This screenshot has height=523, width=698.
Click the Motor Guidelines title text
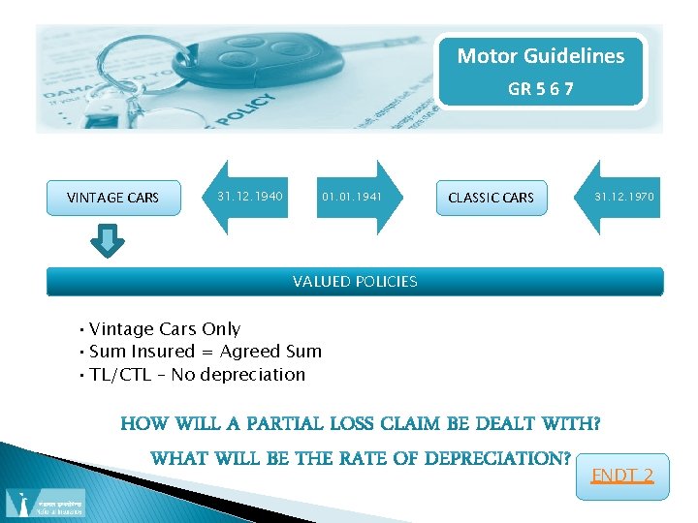click(540, 56)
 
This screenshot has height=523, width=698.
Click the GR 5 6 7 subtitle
click(540, 88)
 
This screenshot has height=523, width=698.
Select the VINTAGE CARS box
click(112, 198)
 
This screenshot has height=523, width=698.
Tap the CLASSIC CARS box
click(491, 198)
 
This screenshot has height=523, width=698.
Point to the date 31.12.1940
click(250, 197)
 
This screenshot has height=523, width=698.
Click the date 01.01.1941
click(352, 198)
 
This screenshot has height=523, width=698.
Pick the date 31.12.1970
click(624, 197)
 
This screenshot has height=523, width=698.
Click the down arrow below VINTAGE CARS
click(112, 240)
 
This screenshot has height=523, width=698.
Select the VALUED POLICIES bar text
click(355, 282)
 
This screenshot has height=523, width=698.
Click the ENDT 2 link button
click(621, 476)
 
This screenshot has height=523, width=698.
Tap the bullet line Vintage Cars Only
click(165, 329)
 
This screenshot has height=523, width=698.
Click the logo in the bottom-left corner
click(45, 503)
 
